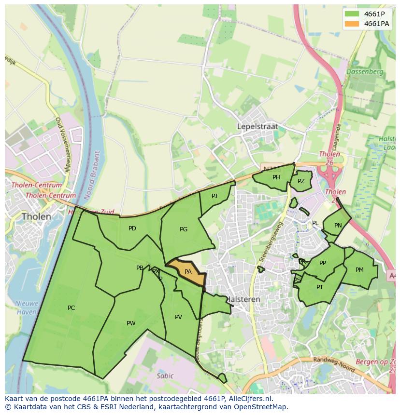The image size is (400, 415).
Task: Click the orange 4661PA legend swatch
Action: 352,24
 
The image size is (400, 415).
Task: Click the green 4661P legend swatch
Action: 352,14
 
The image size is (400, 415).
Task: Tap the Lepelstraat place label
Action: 257,126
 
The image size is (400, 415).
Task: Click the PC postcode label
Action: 71,308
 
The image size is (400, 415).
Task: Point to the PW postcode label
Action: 131,323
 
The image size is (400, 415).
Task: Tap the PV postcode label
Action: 178,317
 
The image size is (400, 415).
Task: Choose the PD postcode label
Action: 132,228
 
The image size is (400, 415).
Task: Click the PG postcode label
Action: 183,229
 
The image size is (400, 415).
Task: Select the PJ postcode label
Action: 214,196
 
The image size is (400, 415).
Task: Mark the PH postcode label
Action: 276,177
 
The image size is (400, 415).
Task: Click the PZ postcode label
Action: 301,181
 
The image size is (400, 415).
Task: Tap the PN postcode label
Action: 338,226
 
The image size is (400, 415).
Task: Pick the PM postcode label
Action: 359,270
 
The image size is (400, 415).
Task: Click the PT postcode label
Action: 320,287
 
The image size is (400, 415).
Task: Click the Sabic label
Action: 165,375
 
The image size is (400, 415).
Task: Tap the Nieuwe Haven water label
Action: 27,308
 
